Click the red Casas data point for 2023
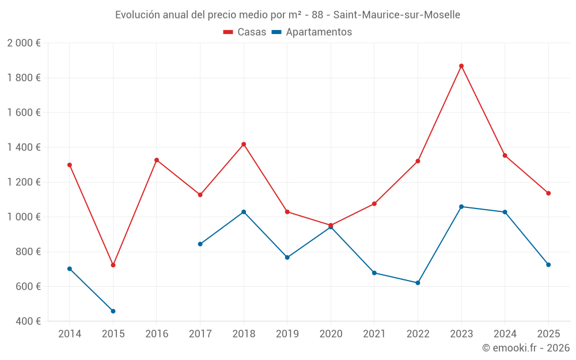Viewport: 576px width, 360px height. [x=461, y=66]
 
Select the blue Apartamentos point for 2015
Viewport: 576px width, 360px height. [x=113, y=311]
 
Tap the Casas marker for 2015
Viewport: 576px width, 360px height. [x=113, y=265]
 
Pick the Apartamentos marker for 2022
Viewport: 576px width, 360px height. [x=418, y=283]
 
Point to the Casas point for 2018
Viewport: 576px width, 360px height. [x=244, y=144]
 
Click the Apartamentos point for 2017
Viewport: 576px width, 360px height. [x=200, y=244]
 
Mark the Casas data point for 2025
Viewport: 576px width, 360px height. [x=548, y=194]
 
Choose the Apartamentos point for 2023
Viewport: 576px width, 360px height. [x=461, y=207]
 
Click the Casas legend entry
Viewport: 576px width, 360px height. [x=245, y=32]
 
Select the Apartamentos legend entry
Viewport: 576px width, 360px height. [x=312, y=32]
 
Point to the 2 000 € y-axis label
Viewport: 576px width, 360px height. [x=24, y=43]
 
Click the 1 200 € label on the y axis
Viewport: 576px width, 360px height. [x=24, y=182]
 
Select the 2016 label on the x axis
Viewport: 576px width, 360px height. [x=157, y=334]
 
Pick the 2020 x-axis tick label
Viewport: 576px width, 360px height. [x=331, y=334]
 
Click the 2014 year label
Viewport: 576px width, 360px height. [x=70, y=334]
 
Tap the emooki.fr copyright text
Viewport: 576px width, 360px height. [x=525, y=348]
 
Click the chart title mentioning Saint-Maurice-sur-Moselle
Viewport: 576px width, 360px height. [x=287, y=15]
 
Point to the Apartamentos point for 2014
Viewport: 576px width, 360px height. [x=70, y=269]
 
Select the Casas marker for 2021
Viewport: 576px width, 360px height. [x=374, y=204]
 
